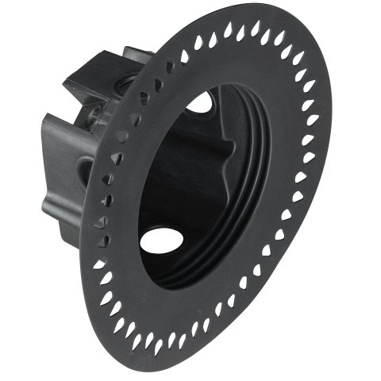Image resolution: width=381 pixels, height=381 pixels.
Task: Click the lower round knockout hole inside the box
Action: pyautogui.click(x=161, y=240)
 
